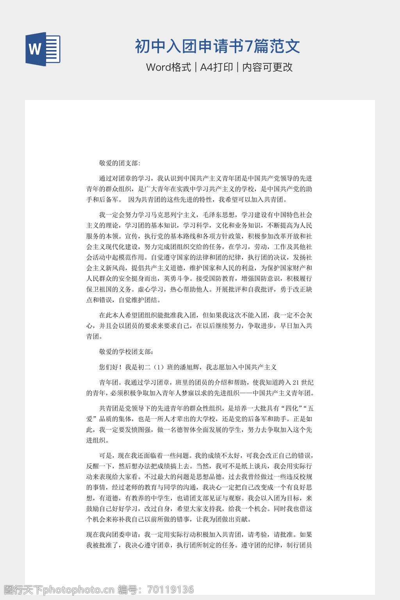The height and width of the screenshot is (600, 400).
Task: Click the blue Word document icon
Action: [43, 49]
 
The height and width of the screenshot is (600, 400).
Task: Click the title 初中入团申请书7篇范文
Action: [218, 46]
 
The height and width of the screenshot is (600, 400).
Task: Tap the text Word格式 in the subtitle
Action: [168, 67]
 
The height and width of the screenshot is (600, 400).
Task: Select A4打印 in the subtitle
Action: [216, 67]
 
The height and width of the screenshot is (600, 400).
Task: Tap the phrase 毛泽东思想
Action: [219, 215]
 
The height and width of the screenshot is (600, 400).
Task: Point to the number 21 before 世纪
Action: [296, 382]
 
